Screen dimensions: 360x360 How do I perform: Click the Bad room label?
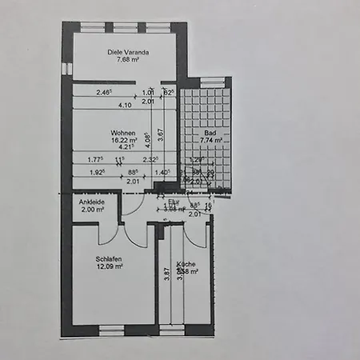(x=210, y=132)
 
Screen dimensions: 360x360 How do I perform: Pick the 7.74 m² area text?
(x=210, y=140)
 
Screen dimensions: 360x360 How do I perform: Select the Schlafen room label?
(x=108, y=258)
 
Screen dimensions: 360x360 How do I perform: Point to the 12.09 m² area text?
(x=110, y=266)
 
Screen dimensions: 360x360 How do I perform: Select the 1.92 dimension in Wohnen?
(x=96, y=172)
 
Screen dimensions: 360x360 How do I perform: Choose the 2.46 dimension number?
(x=104, y=92)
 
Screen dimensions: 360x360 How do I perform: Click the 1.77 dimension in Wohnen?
(x=96, y=159)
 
